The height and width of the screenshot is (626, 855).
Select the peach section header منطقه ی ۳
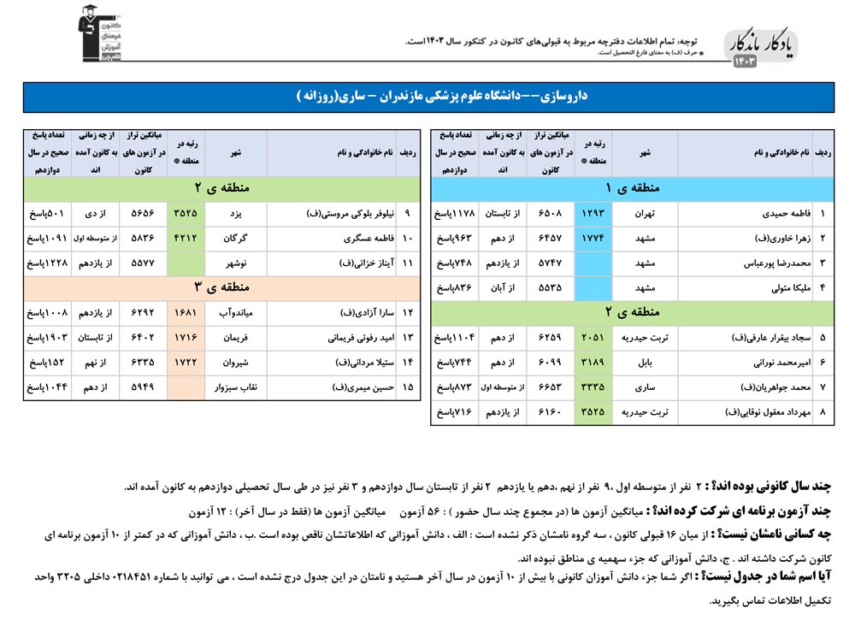221,287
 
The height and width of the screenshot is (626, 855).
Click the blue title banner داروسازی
427,97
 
